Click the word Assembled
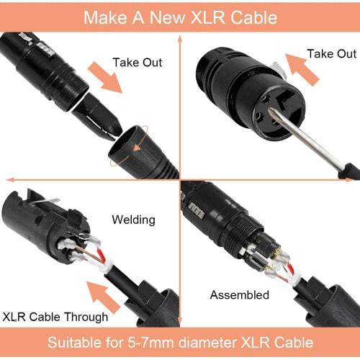point(240,294)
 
